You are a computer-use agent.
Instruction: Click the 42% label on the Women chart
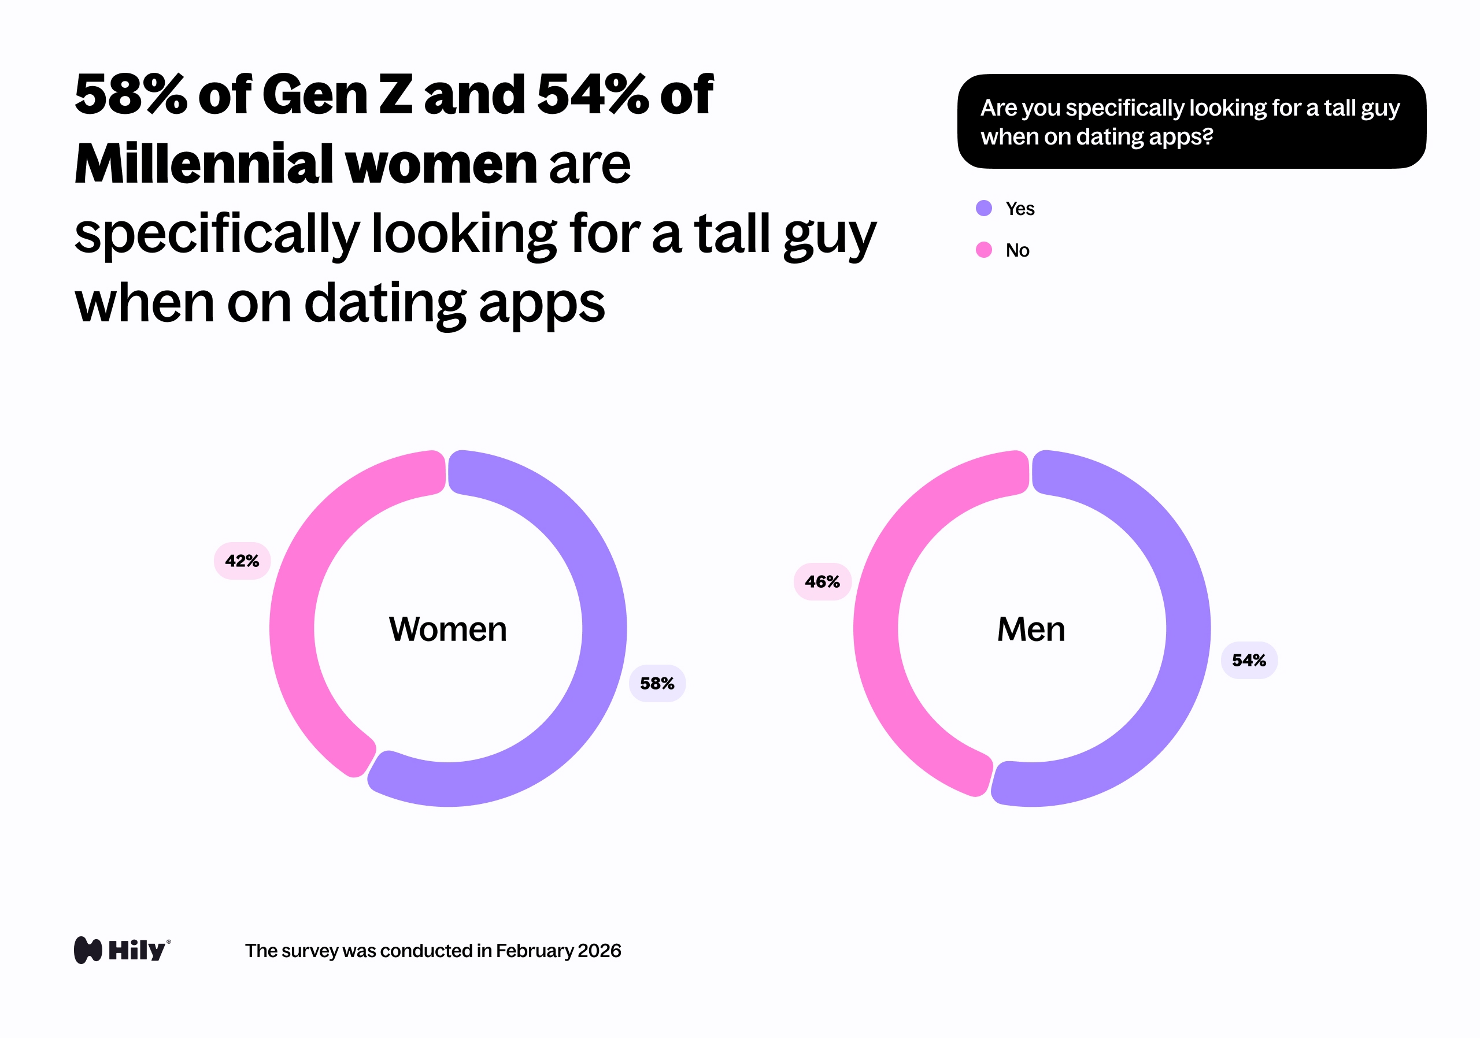coord(242,561)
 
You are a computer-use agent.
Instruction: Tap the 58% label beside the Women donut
coord(657,683)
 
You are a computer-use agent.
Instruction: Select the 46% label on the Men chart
coord(822,582)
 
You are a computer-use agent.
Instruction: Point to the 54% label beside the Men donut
coord(1249,660)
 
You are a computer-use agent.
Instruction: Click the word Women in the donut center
coord(448,629)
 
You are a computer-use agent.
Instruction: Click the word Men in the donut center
coord(1031,629)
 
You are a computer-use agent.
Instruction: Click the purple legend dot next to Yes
coord(983,208)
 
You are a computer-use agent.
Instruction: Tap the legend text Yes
coord(1020,209)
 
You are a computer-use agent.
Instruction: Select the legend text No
coord(1017,250)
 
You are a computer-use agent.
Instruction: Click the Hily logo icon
coord(88,950)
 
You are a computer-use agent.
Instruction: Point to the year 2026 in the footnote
coord(599,950)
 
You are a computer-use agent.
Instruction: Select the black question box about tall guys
coord(1191,121)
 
